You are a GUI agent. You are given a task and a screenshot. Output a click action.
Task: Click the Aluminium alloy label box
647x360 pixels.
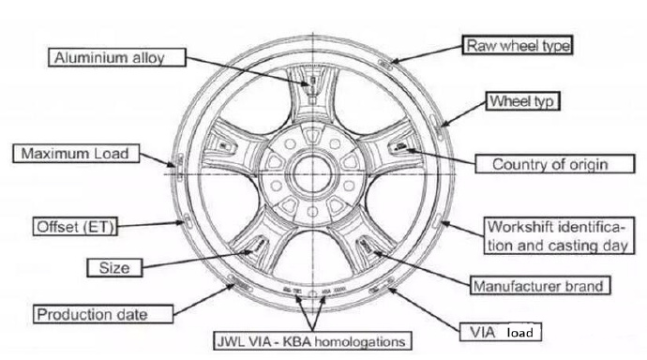[x=117, y=57]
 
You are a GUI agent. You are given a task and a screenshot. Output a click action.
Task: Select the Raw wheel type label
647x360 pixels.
[x=517, y=45]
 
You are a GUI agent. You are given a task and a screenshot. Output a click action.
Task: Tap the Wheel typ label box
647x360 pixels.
[x=522, y=101]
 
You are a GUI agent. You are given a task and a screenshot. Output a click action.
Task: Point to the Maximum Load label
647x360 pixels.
[x=76, y=154]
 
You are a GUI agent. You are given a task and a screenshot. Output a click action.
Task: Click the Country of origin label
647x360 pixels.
[x=555, y=164]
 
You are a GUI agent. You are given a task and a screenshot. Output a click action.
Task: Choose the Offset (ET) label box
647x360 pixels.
[x=75, y=226]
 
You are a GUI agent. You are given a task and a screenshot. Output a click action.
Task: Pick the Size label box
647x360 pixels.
[x=114, y=267]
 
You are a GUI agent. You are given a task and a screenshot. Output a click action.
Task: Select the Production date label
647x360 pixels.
[x=103, y=314]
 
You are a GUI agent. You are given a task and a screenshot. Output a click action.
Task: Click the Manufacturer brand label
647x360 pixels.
[x=540, y=286]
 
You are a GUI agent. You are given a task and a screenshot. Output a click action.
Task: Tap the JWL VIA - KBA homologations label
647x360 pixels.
[x=312, y=341]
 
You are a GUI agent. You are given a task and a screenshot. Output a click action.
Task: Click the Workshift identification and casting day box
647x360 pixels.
[x=559, y=236]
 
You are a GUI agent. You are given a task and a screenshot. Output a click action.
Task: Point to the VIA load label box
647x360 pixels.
[x=501, y=332]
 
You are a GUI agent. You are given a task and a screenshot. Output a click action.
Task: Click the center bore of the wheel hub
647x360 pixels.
[x=312, y=174]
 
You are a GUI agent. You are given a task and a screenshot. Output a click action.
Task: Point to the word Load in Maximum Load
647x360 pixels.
[x=112, y=154]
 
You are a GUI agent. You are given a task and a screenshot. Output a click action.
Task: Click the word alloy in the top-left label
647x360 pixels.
[x=148, y=58]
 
